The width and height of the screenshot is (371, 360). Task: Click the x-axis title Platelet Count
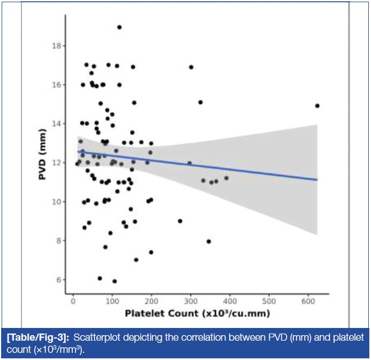197,315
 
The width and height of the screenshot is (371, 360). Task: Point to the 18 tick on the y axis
57,46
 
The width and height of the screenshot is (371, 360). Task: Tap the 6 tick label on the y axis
57,279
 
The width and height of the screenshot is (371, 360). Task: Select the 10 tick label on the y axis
55,202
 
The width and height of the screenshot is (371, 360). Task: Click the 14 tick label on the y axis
55,124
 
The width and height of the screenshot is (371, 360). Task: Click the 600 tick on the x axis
309,301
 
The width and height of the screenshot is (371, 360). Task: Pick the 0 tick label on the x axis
73,301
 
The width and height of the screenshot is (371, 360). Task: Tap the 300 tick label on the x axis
191,301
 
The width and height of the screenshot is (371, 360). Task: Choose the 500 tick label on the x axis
269,301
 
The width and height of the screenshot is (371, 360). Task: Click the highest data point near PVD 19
119,27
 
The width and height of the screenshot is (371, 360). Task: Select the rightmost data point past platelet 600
317,105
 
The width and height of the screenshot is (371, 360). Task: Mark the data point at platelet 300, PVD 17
191,67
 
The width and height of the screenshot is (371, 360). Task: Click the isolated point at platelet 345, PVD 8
209,241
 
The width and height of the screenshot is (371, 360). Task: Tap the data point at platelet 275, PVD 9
180,221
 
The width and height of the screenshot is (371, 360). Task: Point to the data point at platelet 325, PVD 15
200,102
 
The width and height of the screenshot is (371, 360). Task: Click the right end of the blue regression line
317,179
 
